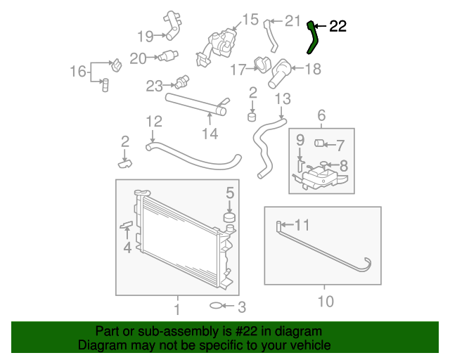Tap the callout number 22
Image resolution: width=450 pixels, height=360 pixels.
337,27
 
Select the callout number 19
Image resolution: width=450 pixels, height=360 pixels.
146,36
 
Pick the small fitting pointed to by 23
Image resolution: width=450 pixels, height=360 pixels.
185,80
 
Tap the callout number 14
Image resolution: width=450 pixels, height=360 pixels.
210,133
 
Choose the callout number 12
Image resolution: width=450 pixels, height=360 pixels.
154,121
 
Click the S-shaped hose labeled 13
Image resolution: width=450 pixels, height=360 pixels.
268,144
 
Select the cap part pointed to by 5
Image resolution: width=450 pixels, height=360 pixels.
229,217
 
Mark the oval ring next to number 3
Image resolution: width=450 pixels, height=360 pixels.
218,306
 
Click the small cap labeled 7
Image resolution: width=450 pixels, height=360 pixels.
318,145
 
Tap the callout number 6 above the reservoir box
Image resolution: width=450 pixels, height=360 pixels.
321,115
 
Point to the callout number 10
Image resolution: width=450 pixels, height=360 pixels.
324,302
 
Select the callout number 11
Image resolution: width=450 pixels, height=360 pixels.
302,225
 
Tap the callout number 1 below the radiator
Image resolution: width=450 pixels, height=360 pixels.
176,309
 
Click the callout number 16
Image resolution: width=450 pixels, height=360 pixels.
77,71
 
